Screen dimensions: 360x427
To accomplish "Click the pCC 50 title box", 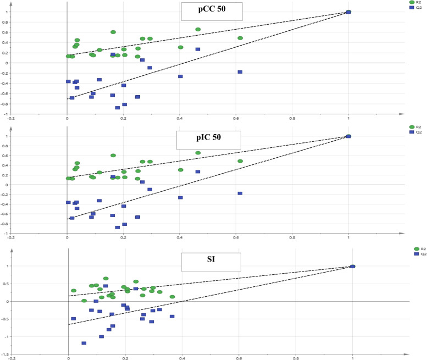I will point(206,12).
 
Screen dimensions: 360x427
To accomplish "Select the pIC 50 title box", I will point(201,140).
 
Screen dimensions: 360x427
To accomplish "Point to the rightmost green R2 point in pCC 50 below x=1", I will point(240,38).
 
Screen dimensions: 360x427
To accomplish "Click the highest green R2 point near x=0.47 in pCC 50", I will point(198,30).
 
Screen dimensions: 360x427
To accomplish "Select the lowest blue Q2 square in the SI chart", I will point(84,344).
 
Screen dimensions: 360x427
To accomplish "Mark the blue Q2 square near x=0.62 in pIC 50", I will point(240,193).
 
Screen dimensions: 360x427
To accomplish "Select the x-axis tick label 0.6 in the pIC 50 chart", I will point(235,238).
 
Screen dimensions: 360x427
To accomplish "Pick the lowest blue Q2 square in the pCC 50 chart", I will point(118,108).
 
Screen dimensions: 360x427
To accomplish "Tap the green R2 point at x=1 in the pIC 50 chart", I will point(348,136).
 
